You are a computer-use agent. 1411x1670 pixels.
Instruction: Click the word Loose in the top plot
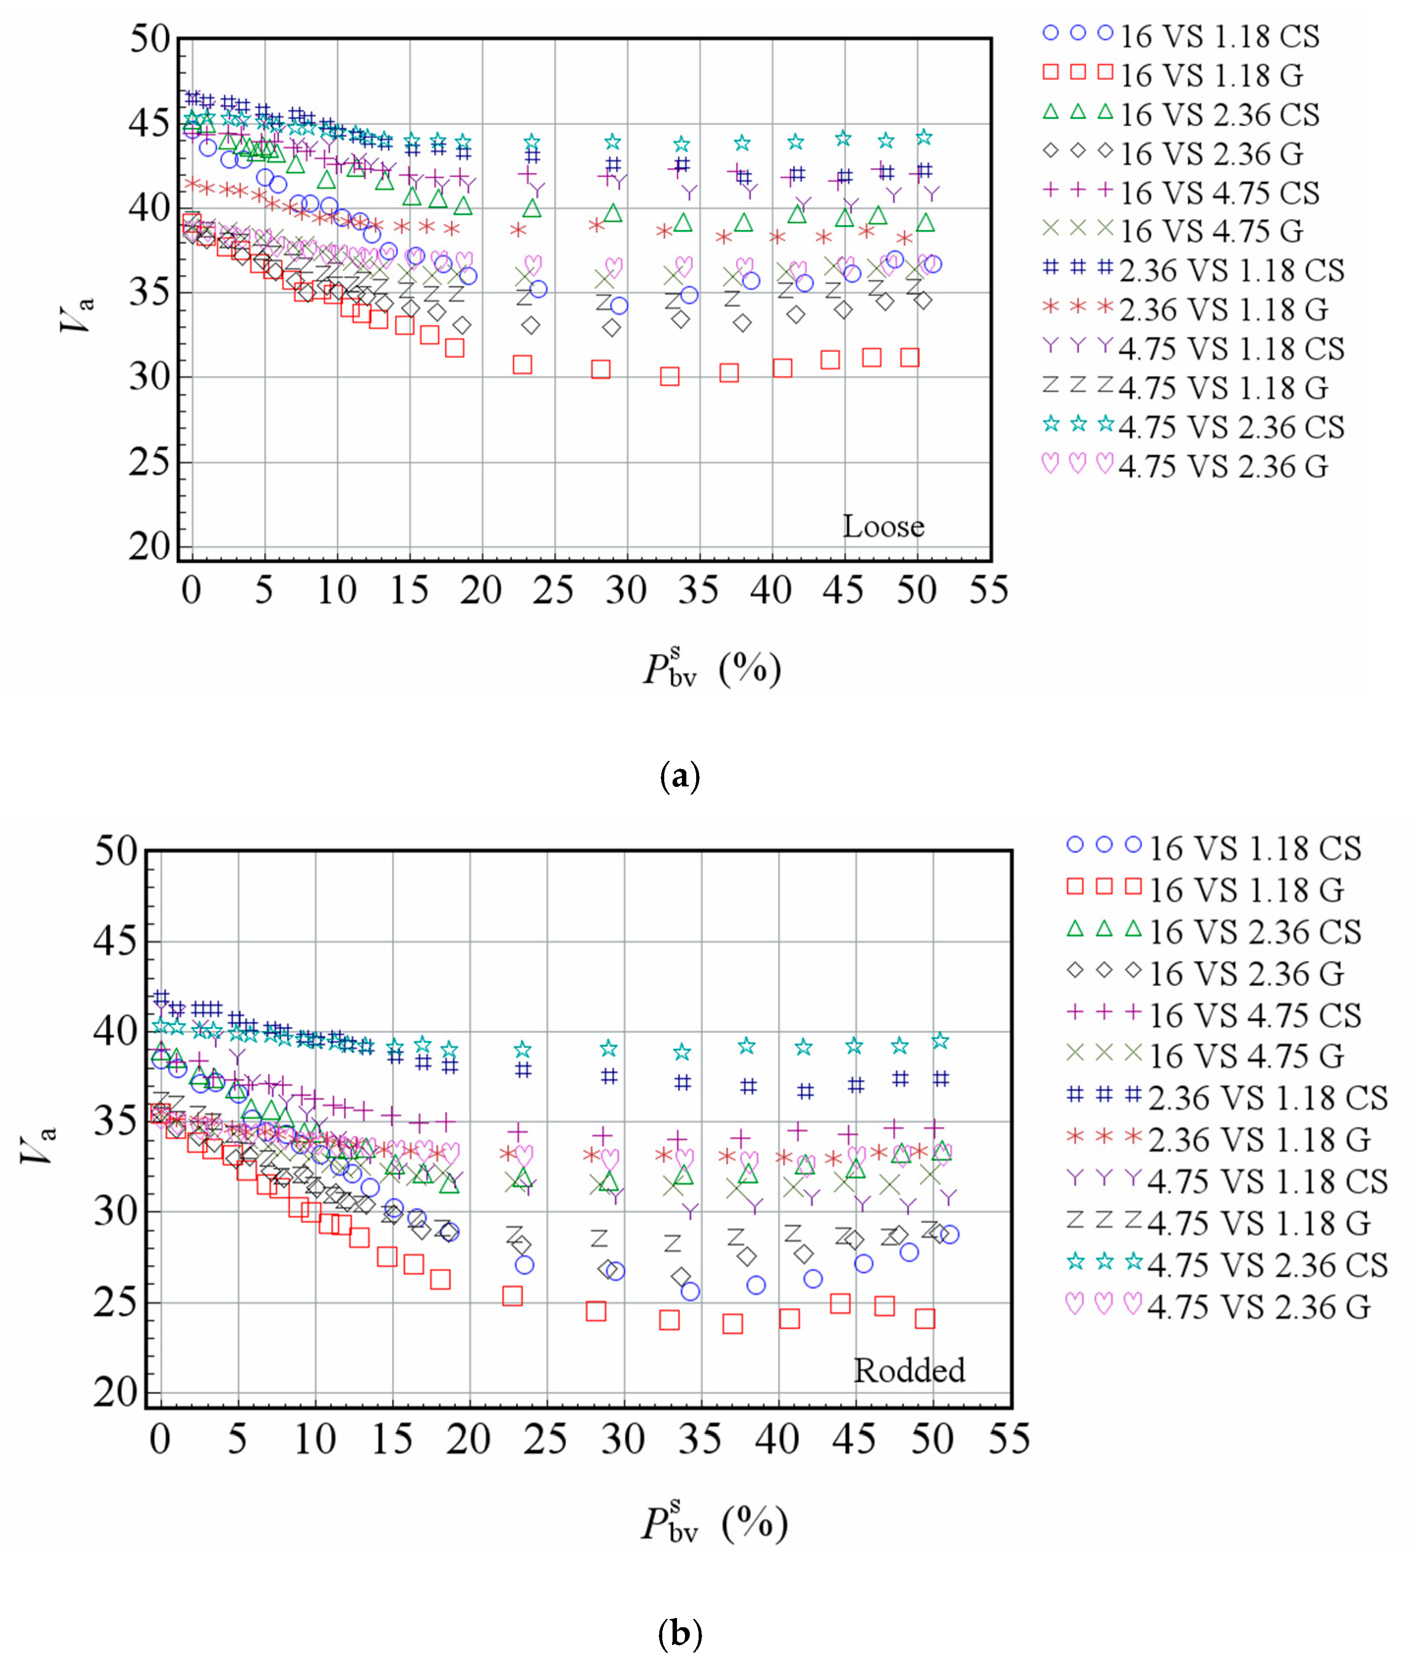(x=883, y=526)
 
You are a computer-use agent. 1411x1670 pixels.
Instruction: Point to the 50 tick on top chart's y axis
(x=151, y=38)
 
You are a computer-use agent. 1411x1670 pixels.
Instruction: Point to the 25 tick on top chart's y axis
(x=151, y=462)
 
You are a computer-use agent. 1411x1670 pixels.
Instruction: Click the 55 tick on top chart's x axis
(x=988, y=590)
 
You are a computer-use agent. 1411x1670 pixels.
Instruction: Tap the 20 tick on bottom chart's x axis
(x=469, y=1440)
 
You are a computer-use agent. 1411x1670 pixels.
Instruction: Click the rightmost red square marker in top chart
(x=909, y=358)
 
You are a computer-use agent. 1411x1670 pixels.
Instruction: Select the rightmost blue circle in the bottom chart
(x=950, y=1234)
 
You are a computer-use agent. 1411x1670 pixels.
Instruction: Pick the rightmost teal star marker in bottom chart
(x=941, y=1040)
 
